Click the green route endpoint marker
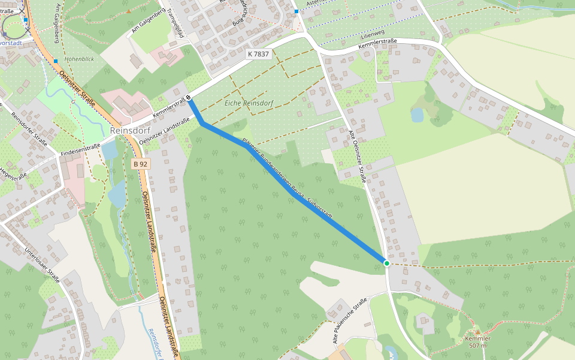(387, 263)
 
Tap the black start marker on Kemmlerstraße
(189, 98)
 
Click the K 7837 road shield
(258, 54)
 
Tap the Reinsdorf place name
(130, 131)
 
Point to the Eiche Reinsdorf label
(249, 103)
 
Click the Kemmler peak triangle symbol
(477, 332)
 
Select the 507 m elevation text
(477, 346)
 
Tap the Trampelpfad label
(174, 22)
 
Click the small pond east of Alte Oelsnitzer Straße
(417, 115)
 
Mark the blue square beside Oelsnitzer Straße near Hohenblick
(55, 61)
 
